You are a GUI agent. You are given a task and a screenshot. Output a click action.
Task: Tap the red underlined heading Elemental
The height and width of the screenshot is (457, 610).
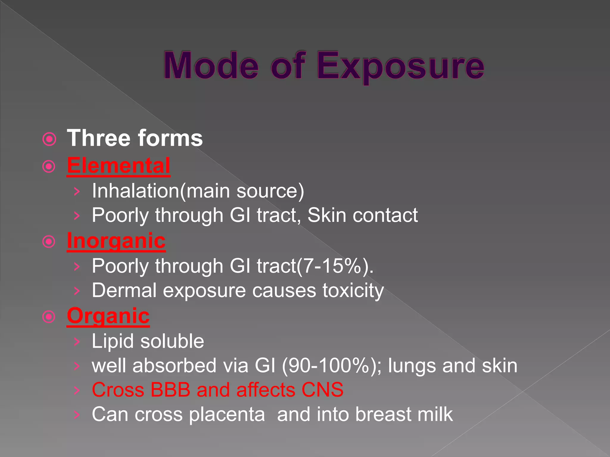(x=119, y=165)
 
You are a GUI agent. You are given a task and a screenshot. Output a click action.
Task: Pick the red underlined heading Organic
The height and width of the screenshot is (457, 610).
(x=108, y=316)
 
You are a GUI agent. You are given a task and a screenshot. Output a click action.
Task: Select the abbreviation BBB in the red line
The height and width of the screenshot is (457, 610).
(x=170, y=390)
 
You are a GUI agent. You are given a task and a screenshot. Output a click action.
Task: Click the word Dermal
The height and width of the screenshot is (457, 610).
(x=124, y=290)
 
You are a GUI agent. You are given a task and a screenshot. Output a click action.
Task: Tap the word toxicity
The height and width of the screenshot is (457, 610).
(x=353, y=291)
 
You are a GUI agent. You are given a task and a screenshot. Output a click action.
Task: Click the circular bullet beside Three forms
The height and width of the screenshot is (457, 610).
(x=49, y=139)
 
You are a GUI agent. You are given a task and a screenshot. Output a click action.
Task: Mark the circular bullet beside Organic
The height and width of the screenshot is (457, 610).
(x=49, y=317)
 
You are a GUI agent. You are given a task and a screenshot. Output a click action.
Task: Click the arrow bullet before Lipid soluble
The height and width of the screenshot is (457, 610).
(x=77, y=342)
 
